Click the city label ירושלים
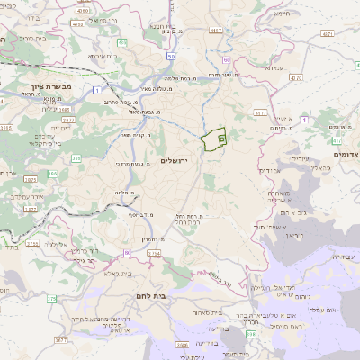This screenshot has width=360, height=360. coord(176,160)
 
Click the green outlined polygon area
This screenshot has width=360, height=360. coord(213,139)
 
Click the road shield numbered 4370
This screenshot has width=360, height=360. coord(260,113)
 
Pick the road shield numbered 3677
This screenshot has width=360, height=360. coord(60,341)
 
